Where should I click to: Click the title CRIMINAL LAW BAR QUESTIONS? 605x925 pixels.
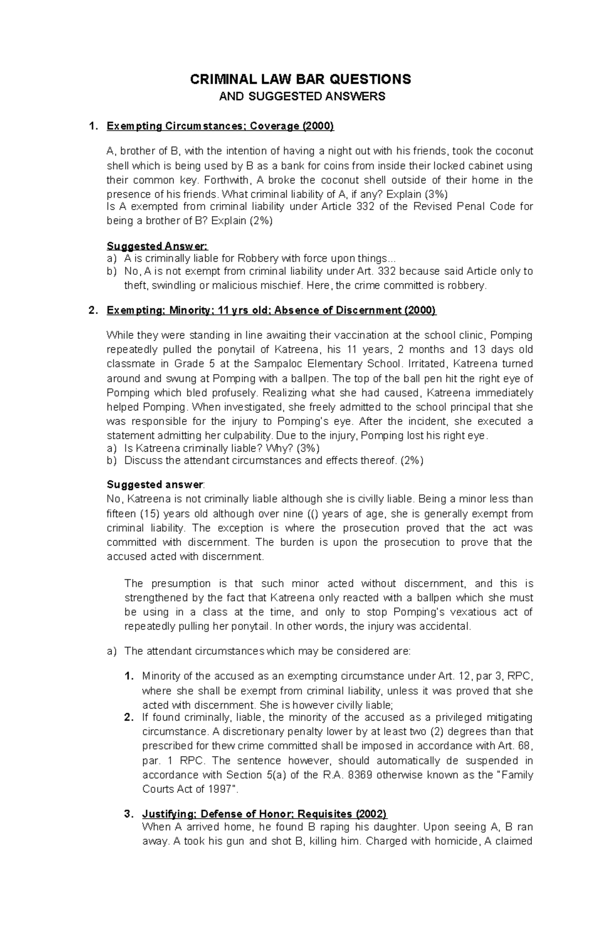300,80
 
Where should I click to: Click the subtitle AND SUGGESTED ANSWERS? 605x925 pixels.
301,97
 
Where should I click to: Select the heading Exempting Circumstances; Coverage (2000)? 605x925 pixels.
220,127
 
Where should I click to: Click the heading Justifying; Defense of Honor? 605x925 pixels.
264,814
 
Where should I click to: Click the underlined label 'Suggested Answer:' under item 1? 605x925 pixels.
157,246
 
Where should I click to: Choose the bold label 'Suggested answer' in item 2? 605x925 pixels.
154,485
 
